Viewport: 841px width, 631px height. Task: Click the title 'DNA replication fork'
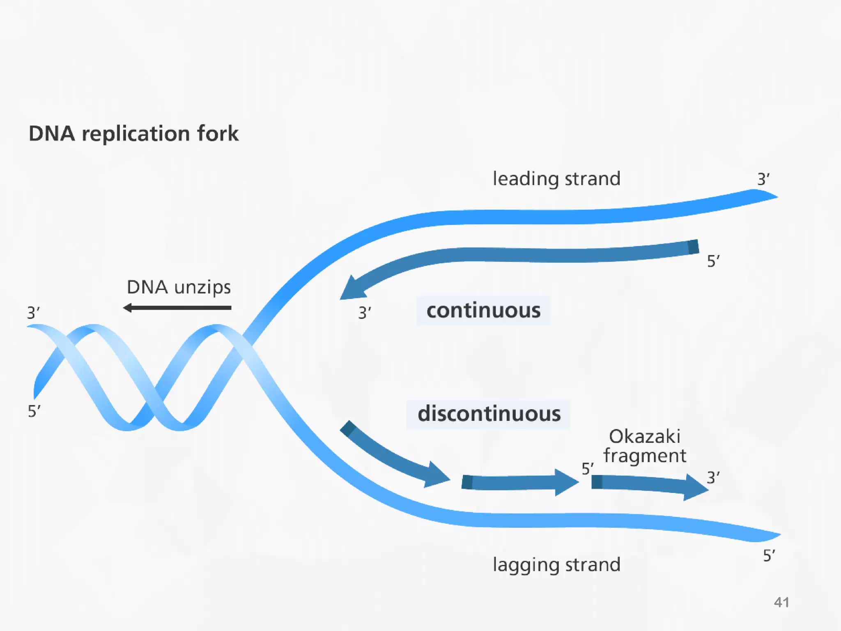pos(133,134)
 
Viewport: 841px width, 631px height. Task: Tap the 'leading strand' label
pos(556,179)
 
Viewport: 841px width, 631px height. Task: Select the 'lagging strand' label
pos(556,564)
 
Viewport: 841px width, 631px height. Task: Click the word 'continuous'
pos(483,311)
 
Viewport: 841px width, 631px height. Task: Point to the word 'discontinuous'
pos(489,414)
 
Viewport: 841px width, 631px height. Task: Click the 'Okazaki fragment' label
pos(644,446)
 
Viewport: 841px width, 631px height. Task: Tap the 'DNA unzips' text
pos(179,287)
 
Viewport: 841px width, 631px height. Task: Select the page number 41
pos(781,602)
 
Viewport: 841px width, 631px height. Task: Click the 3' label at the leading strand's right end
pos(763,180)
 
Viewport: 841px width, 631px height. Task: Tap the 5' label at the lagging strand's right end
pos(769,556)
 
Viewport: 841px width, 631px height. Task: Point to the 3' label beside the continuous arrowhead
pos(364,313)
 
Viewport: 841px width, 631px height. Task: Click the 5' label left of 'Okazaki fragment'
pos(588,469)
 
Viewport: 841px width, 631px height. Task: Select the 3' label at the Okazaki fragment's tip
pos(713,478)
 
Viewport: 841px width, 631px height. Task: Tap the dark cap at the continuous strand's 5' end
pos(693,247)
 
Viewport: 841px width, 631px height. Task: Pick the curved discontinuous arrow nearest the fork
pos(390,456)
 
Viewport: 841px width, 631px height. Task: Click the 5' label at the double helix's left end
pos(34,411)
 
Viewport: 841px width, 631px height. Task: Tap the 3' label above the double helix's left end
pos(33,313)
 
